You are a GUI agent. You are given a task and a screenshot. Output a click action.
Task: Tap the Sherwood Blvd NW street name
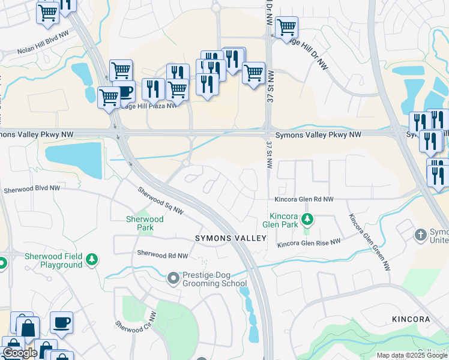click(x=32, y=188)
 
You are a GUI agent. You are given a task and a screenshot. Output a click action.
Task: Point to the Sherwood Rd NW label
click(x=162, y=255)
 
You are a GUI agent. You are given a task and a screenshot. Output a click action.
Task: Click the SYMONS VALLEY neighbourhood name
click(x=231, y=238)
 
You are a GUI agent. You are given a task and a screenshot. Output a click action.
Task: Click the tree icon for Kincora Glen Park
click(x=307, y=219)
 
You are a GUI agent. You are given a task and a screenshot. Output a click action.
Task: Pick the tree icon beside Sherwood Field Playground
click(x=92, y=260)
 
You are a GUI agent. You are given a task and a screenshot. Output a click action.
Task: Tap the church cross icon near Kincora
click(x=421, y=233)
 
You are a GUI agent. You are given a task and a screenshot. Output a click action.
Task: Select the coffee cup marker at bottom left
click(x=61, y=322)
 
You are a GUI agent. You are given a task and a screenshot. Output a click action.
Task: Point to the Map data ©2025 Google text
click(x=412, y=355)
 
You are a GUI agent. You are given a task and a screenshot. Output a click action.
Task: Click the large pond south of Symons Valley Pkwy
click(x=74, y=159)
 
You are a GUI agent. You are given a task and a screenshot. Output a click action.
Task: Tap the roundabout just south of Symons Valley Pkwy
click(x=186, y=163)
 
